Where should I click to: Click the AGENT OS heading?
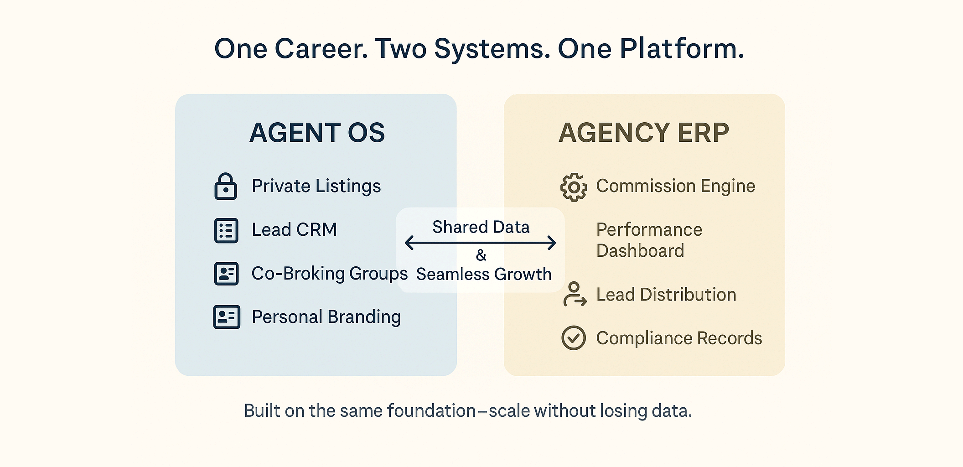tap(317, 133)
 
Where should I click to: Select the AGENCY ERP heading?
tap(643, 133)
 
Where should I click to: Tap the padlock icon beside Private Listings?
tap(226, 187)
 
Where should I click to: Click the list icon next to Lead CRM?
tap(226, 230)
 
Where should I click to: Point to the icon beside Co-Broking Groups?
tap(226, 274)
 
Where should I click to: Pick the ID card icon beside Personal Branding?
tap(227, 317)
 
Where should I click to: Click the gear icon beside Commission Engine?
tap(574, 187)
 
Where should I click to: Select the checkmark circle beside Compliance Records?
tap(574, 338)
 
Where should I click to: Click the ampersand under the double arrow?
tap(481, 255)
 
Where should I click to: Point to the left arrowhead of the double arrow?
tap(409, 243)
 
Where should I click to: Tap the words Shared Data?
tap(481, 227)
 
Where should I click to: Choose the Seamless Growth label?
tap(484, 274)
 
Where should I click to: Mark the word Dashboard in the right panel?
tap(640, 251)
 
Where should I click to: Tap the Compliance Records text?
tap(679, 338)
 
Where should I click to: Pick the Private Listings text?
tap(316, 186)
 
